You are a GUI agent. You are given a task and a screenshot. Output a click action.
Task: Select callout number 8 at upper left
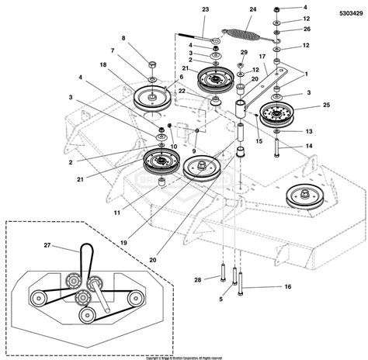pyautogui.click(x=122, y=37)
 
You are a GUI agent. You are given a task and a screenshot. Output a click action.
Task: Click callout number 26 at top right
pyautogui.click(x=328, y=29)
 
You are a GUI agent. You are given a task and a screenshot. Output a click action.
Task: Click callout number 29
pyautogui.click(x=244, y=52)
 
